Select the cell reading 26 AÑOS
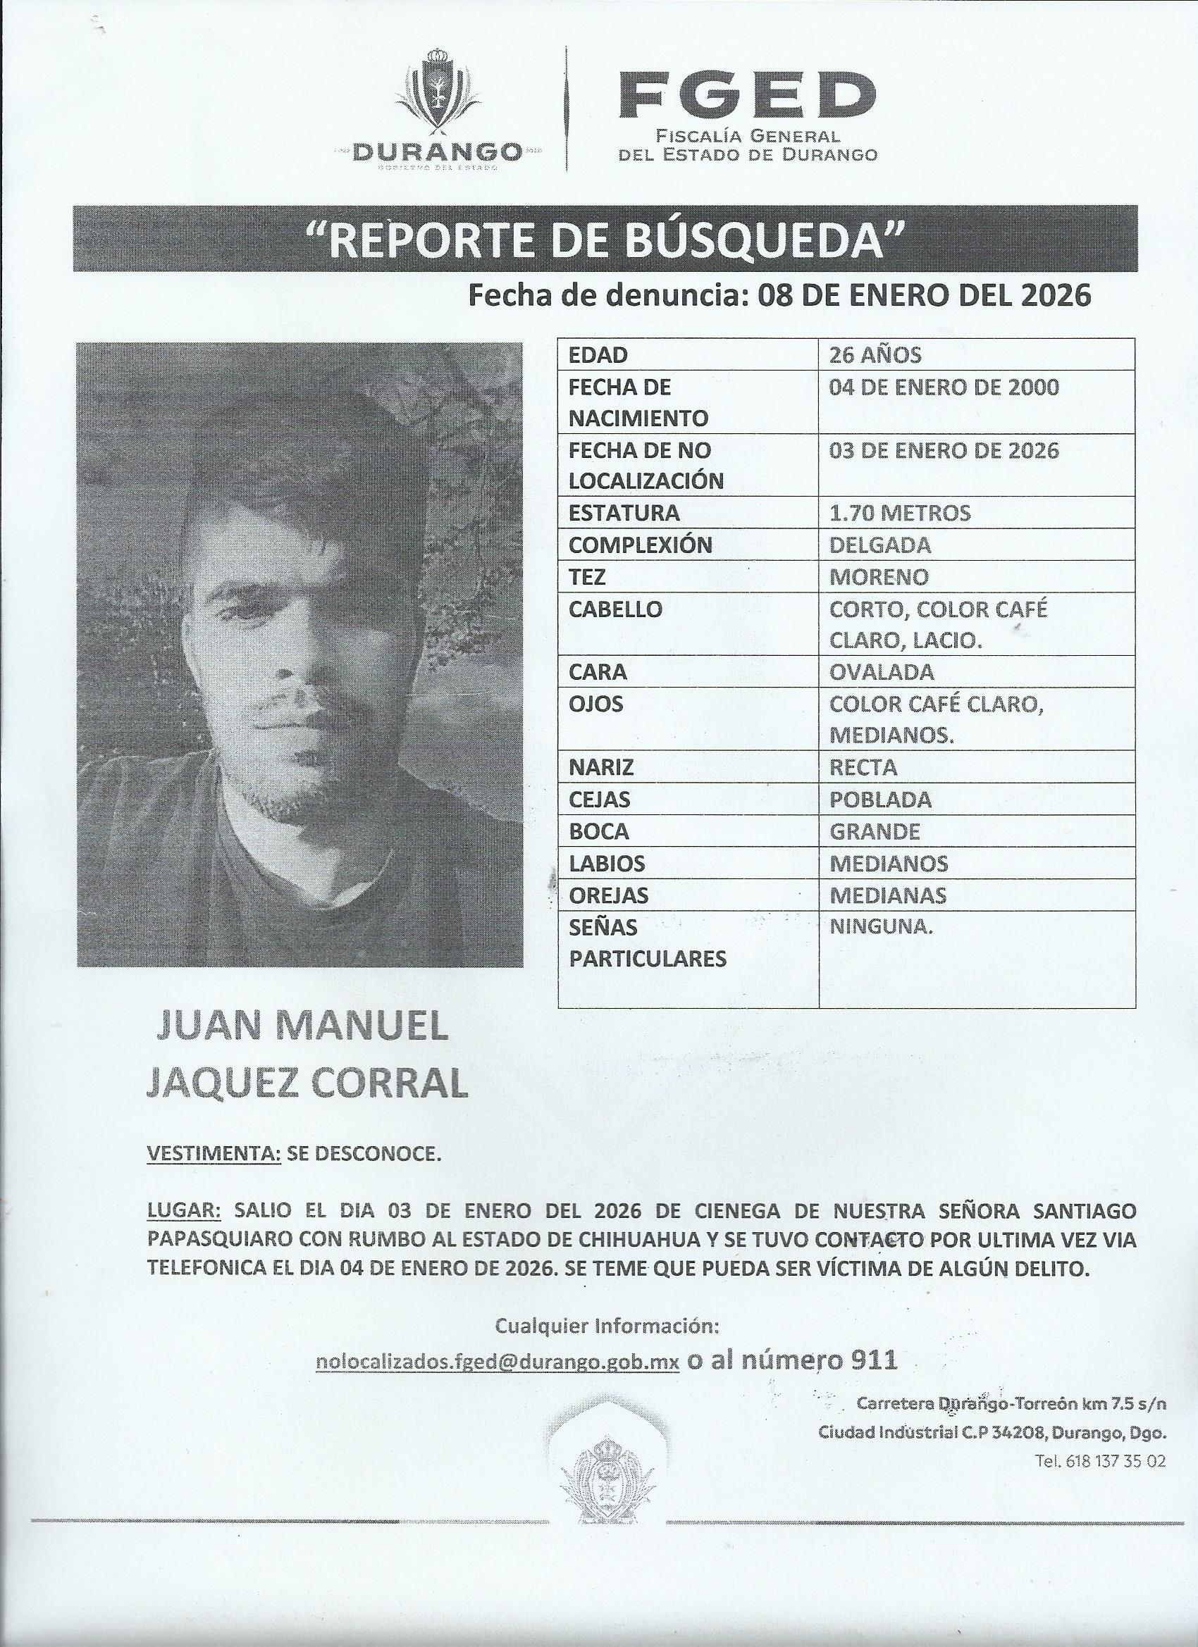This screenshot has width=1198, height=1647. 875,355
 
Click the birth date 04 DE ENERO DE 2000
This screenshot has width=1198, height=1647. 944,387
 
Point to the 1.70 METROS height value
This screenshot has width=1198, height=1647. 899,514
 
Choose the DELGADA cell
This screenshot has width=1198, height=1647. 879,545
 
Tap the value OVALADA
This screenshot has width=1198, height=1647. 882,673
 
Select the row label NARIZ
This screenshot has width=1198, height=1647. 601,768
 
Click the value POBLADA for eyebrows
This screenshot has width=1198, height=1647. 879,800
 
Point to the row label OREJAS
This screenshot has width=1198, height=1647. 608,895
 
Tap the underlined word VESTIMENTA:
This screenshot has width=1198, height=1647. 214,1154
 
